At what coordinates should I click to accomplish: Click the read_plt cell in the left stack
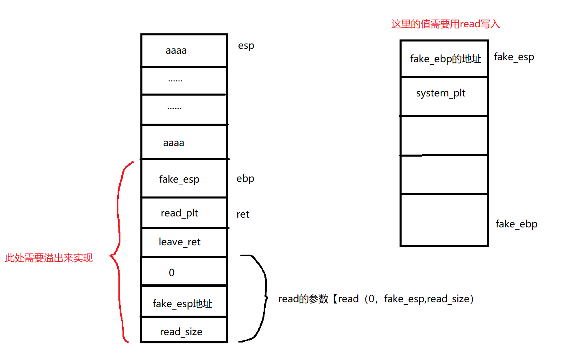(x=184, y=213)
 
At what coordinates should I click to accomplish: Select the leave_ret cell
(x=184, y=242)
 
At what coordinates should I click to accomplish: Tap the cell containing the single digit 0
(x=184, y=272)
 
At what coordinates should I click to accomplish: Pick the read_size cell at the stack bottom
(x=184, y=330)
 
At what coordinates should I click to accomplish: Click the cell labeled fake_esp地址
(x=184, y=302)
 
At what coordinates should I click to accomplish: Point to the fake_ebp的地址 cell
(x=444, y=59)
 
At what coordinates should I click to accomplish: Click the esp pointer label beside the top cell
(x=246, y=46)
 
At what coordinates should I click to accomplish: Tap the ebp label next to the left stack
(x=245, y=179)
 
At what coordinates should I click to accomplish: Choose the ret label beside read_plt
(x=242, y=214)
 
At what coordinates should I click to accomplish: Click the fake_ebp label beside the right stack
(x=516, y=224)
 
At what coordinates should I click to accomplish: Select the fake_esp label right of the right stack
(x=513, y=57)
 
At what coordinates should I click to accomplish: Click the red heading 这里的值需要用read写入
(x=445, y=24)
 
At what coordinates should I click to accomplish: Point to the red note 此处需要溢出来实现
(x=49, y=258)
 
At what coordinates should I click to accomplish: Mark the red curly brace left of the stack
(x=118, y=252)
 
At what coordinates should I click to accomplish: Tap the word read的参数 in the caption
(x=303, y=299)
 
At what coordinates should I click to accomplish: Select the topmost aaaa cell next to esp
(x=184, y=50)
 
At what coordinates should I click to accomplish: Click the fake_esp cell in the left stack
(x=184, y=179)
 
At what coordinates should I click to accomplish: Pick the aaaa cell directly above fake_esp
(x=184, y=142)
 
